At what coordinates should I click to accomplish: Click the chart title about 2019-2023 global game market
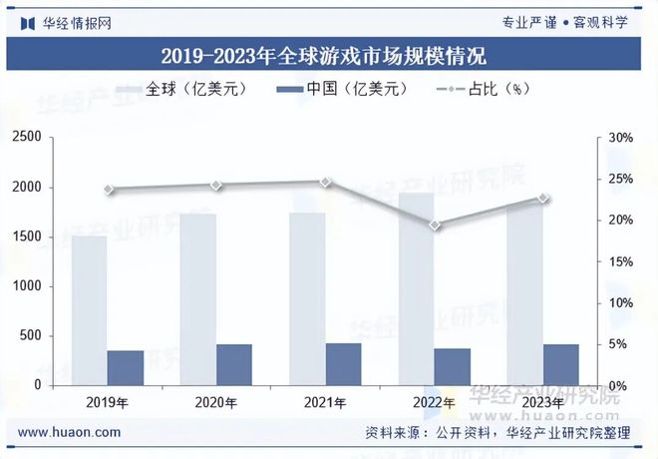pyautogui.click(x=328, y=53)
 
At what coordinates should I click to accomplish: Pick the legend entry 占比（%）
pyautogui.click(x=484, y=89)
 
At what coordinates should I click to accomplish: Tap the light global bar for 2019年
pyautogui.click(x=89, y=309)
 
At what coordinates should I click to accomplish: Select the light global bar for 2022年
pyautogui.click(x=416, y=289)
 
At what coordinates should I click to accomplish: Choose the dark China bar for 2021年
pyautogui.click(x=343, y=364)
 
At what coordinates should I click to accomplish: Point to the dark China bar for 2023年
pyautogui.click(x=561, y=364)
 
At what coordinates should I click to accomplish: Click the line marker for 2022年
pyautogui.click(x=435, y=226)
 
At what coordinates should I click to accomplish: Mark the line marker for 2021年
pyautogui.click(x=325, y=183)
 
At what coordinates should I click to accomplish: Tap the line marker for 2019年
pyautogui.click(x=108, y=190)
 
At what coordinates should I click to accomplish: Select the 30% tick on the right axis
pyautogui.click(x=620, y=138)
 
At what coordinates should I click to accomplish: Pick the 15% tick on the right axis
pyautogui.click(x=620, y=261)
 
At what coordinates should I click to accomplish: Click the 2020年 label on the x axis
pyautogui.click(x=216, y=403)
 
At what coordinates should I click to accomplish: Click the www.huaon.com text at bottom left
pyautogui.click(x=70, y=432)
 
